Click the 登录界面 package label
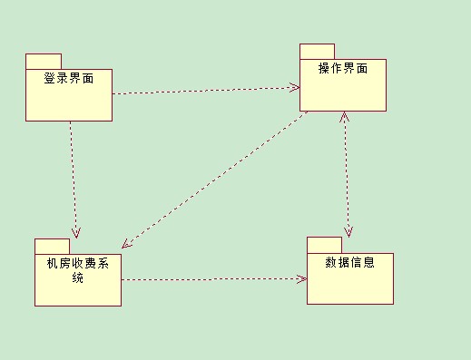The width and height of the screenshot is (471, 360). click(x=69, y=79)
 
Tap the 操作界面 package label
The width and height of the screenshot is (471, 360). click(x=343, y=70)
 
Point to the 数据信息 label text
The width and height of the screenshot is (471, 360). click(x=349, y=263)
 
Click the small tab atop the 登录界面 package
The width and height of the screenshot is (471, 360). click(x=43, y=61)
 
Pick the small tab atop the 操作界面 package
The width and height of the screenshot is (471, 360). click(x=318, y=51)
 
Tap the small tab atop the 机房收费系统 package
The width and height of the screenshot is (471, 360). click(x=52, y=246)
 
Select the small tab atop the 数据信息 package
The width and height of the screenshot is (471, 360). click(x=324, y=244)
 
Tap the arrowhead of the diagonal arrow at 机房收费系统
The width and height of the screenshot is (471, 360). click(x=128, y=242)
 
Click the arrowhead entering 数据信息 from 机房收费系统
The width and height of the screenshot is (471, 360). click(x=301, y=278)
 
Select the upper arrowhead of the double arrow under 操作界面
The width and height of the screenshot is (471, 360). click(x=344, y=117)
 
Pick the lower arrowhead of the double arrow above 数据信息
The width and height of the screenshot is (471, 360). click(x=348, y=230)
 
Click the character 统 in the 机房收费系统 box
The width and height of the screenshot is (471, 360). click(x=77, y=277)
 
